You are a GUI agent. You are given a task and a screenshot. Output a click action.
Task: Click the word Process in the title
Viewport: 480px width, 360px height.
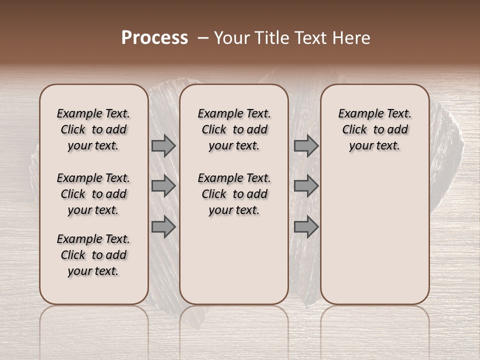(154, 38)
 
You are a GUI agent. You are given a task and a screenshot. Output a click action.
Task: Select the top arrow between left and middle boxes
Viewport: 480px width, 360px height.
(163, 145)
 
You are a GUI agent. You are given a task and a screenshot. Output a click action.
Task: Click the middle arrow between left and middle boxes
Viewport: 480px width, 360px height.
(163, 186)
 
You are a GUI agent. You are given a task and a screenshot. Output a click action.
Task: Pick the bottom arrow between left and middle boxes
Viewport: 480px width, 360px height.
(163, 227)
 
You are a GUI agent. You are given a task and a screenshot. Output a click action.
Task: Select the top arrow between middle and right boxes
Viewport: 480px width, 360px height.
(306, 145)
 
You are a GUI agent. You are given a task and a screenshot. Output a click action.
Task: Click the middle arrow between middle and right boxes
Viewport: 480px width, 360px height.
(306, 186)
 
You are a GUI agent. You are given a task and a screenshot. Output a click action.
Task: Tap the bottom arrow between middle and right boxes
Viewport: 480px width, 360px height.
(306, 227)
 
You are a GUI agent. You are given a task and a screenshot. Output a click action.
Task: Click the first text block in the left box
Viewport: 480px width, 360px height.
(93, 129)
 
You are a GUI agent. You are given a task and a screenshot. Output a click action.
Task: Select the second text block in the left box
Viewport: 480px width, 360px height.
(93, 194)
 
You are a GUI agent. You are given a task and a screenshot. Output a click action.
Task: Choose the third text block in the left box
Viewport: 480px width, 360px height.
(93, 255)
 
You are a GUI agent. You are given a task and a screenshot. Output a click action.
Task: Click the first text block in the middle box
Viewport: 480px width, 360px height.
(234, 129)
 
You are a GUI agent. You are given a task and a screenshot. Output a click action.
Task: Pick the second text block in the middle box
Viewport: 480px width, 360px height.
(234, 194)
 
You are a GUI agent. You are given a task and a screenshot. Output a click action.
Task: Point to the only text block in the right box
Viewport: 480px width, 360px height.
(375, 129)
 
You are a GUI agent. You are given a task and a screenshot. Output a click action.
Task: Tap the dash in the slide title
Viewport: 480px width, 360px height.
(202, 38)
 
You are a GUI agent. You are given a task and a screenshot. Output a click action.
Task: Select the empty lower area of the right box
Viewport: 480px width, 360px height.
(375, 235)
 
